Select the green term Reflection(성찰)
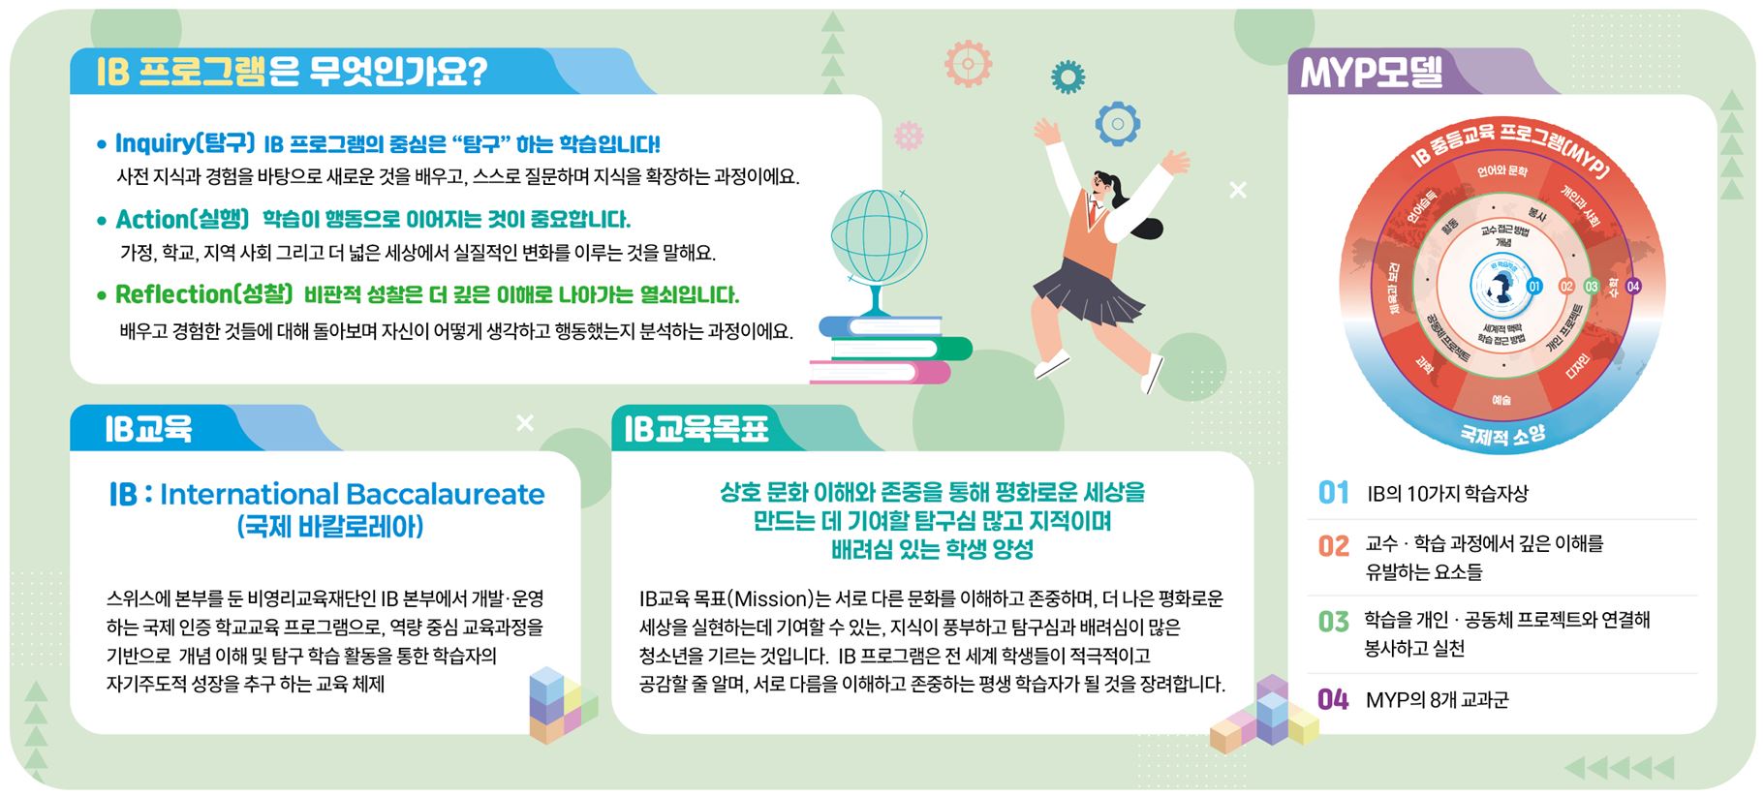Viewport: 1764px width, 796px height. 203,293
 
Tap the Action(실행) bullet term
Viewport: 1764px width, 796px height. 182,219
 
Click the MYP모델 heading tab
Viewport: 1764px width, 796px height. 1371,72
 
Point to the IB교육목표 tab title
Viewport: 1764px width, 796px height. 696,428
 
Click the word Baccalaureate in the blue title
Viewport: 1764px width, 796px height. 444,494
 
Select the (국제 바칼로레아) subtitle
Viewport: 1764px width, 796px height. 329,527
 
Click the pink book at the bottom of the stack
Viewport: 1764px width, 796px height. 879,372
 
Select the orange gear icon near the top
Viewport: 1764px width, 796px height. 968,64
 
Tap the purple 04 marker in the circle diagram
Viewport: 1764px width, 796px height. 1633,286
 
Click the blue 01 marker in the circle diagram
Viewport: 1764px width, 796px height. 1533,286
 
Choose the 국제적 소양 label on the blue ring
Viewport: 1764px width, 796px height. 1502,435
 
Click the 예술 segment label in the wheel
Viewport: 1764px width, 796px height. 1501,400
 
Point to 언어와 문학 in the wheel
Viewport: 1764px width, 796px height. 1501,171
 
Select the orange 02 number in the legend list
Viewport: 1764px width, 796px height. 1333,546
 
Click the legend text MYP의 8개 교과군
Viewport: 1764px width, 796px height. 1437,699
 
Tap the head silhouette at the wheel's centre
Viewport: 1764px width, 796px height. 1501,287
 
